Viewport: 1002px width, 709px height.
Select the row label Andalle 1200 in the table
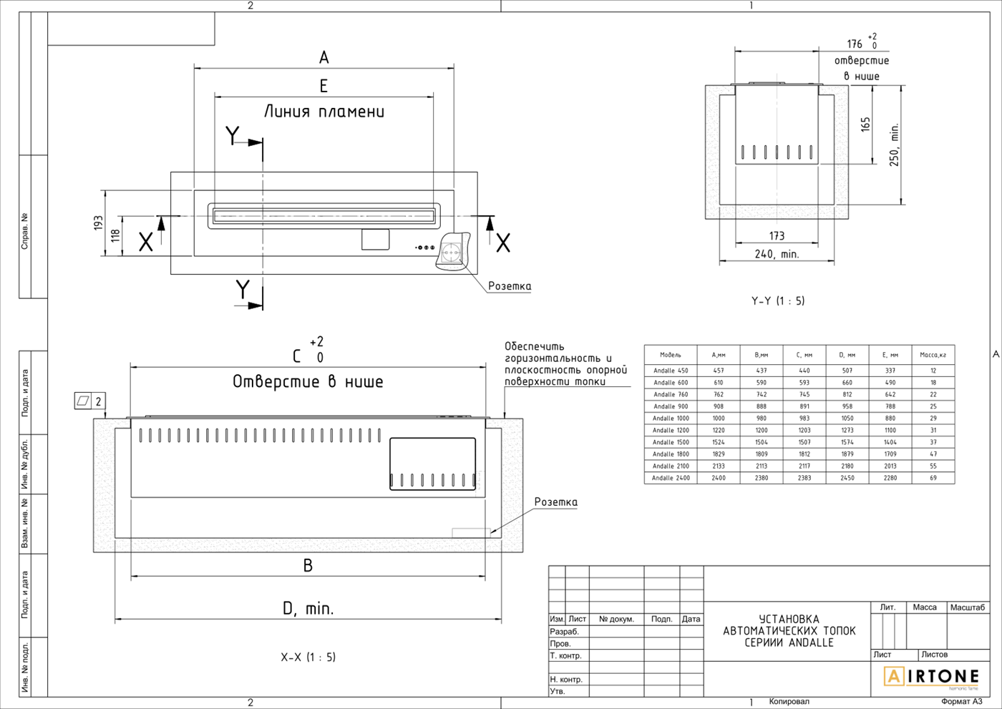click(x=671, y=430)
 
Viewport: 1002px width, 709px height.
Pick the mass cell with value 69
click(x=933, y=478)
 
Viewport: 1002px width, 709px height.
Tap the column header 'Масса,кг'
click(x=933, y=355)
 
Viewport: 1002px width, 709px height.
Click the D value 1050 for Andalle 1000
click(x=847, y=419)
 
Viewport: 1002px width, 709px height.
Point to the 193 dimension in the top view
click(x=98, y=223)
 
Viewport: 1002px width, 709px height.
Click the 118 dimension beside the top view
click(x=115, y=235)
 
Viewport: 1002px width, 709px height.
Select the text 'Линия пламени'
click(x=324, y=112)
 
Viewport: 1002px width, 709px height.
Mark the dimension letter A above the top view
click(x=324, y=57)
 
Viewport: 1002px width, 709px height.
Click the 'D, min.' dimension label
click(x=308, y=609)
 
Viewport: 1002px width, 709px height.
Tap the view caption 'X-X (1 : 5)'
click(x=308, y=657)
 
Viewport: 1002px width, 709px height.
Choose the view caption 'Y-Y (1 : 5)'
click(x=778, y=301)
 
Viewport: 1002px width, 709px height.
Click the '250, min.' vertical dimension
click(x=894, y=145)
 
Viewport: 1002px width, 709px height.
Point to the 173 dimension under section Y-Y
click(x=777, y=235)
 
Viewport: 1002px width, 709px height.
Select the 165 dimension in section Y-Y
click(x=865, y=124)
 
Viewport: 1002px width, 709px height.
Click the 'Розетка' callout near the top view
click(x=510, y=286)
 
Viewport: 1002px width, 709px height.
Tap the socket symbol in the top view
click(x=452, y=252)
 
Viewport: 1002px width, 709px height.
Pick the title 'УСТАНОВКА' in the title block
click(x=789, y=619)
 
